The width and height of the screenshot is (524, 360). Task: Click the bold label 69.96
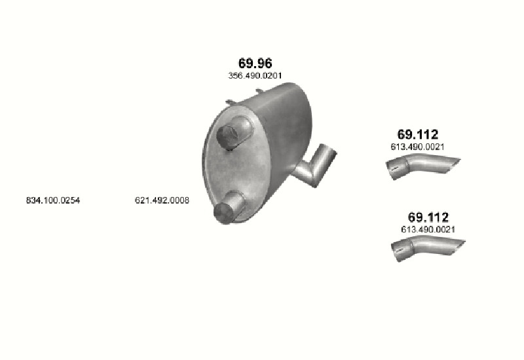coord(255,63)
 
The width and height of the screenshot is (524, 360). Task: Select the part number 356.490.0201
coord(255,76)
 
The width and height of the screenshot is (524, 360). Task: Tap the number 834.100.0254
coord(53,200)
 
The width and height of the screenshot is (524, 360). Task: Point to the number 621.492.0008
coord(162,200)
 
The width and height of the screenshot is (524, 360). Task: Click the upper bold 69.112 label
coord(417,134)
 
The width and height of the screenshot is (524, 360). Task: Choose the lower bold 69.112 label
coord(428,217)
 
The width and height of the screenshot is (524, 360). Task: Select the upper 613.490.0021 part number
coord(417,147)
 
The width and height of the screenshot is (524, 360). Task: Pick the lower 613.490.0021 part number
coord(428,230)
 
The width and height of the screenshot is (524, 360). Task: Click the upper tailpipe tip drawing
coord(422,166)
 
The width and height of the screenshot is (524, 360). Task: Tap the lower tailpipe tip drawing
coord(428,248)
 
